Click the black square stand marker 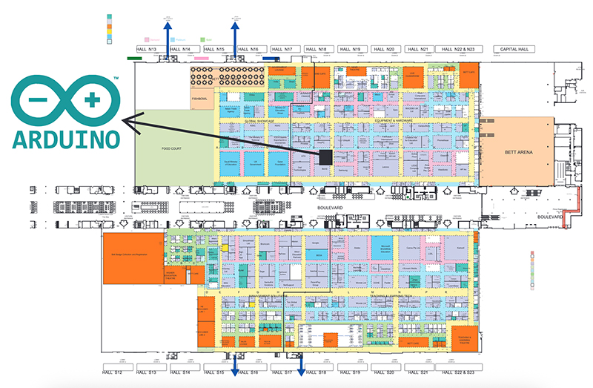[x=325, y=156]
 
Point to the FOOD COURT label [x=172, y=148]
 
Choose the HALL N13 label [x=150, y=49]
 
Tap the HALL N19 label [x=353, y=49]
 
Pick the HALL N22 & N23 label [x=457, y=49]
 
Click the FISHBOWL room [x=199, y=97]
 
